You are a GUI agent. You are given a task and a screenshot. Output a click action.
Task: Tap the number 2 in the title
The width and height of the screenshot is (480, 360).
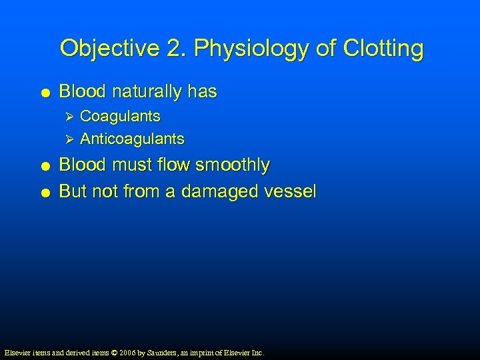[x=165, y=49]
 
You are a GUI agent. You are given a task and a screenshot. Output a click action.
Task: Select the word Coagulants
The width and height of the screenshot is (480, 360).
[x=120, y=116]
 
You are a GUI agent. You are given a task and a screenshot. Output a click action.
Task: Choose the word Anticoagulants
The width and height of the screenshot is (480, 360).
[x=132, y=139]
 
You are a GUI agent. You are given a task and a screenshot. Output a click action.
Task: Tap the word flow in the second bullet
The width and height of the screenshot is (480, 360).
[x=177, y=165]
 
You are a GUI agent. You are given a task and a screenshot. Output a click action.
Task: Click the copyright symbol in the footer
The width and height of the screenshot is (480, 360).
[x=113, y=352]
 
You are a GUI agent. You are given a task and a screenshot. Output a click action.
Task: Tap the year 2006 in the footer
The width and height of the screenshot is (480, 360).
[x=127, y=352]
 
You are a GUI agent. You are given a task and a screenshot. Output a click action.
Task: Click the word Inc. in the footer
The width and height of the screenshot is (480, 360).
[x=257, y=352]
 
